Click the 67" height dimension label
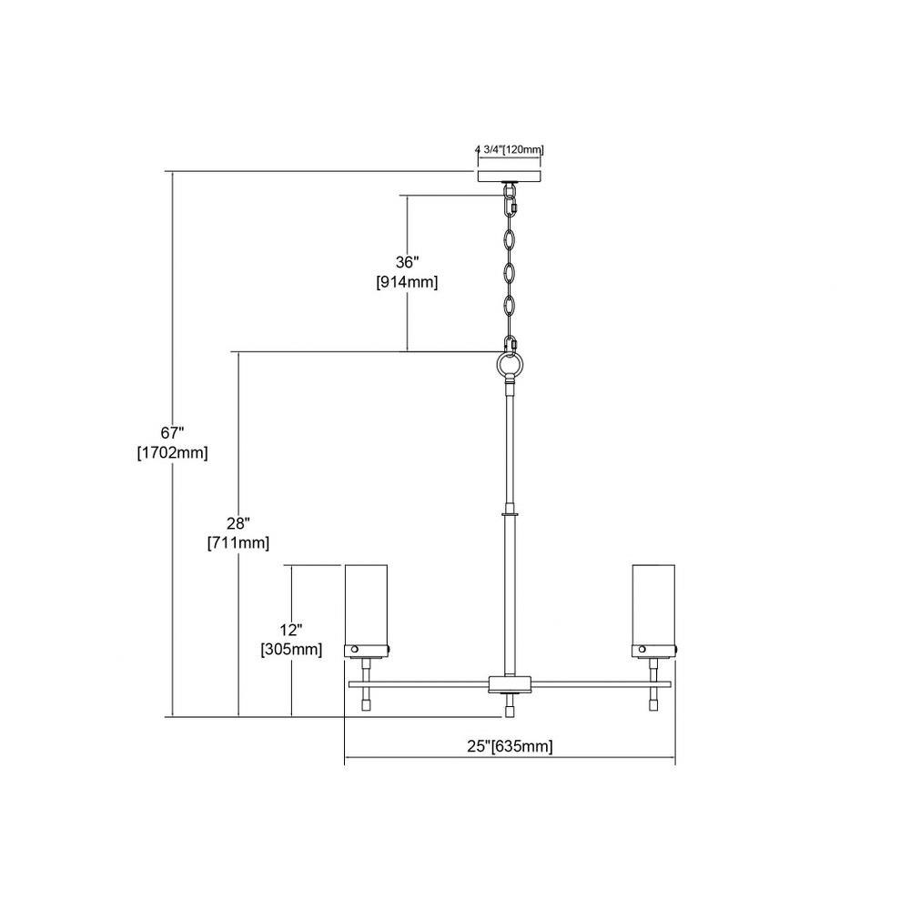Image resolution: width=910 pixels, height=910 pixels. pyautogui.click(x=172, y=432)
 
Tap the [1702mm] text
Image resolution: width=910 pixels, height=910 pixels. pyautogui.click(x=172, y=452)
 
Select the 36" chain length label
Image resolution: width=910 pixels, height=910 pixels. pyautogui.click(x=408, y=262)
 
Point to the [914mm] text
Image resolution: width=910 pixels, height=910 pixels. pyautogui.click(x=407, y=283)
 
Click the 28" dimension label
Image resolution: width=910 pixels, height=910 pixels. pyautogui.click(x=238, y=523)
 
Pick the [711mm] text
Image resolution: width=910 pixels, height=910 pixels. pyautogui.click(x=238, y=543)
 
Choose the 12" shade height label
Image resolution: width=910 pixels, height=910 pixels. pyautogui.click(x=291, y=630)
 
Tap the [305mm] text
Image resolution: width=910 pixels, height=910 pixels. pyautogui.click(x=291, y=650)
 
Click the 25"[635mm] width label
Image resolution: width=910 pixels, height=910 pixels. pyautogui.click(x=511, y=746)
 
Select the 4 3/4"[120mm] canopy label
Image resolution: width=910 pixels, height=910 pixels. pyautogui.click(x=510, y=150)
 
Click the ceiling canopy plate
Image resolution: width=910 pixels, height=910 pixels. pyautogui.click(x=510, y=177)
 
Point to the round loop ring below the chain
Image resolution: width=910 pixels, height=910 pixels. pyautogui.click(x=511, y=366)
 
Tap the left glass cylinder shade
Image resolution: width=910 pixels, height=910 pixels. pyautogui.click(x=366, y=604)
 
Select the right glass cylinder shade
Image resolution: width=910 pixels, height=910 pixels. pyautogui.click(x=653, y=604)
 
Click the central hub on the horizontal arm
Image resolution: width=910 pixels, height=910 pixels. pyautogui.click(x=510, y=685)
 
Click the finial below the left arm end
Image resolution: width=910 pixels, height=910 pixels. pyautogui.click(x=366, y=700)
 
